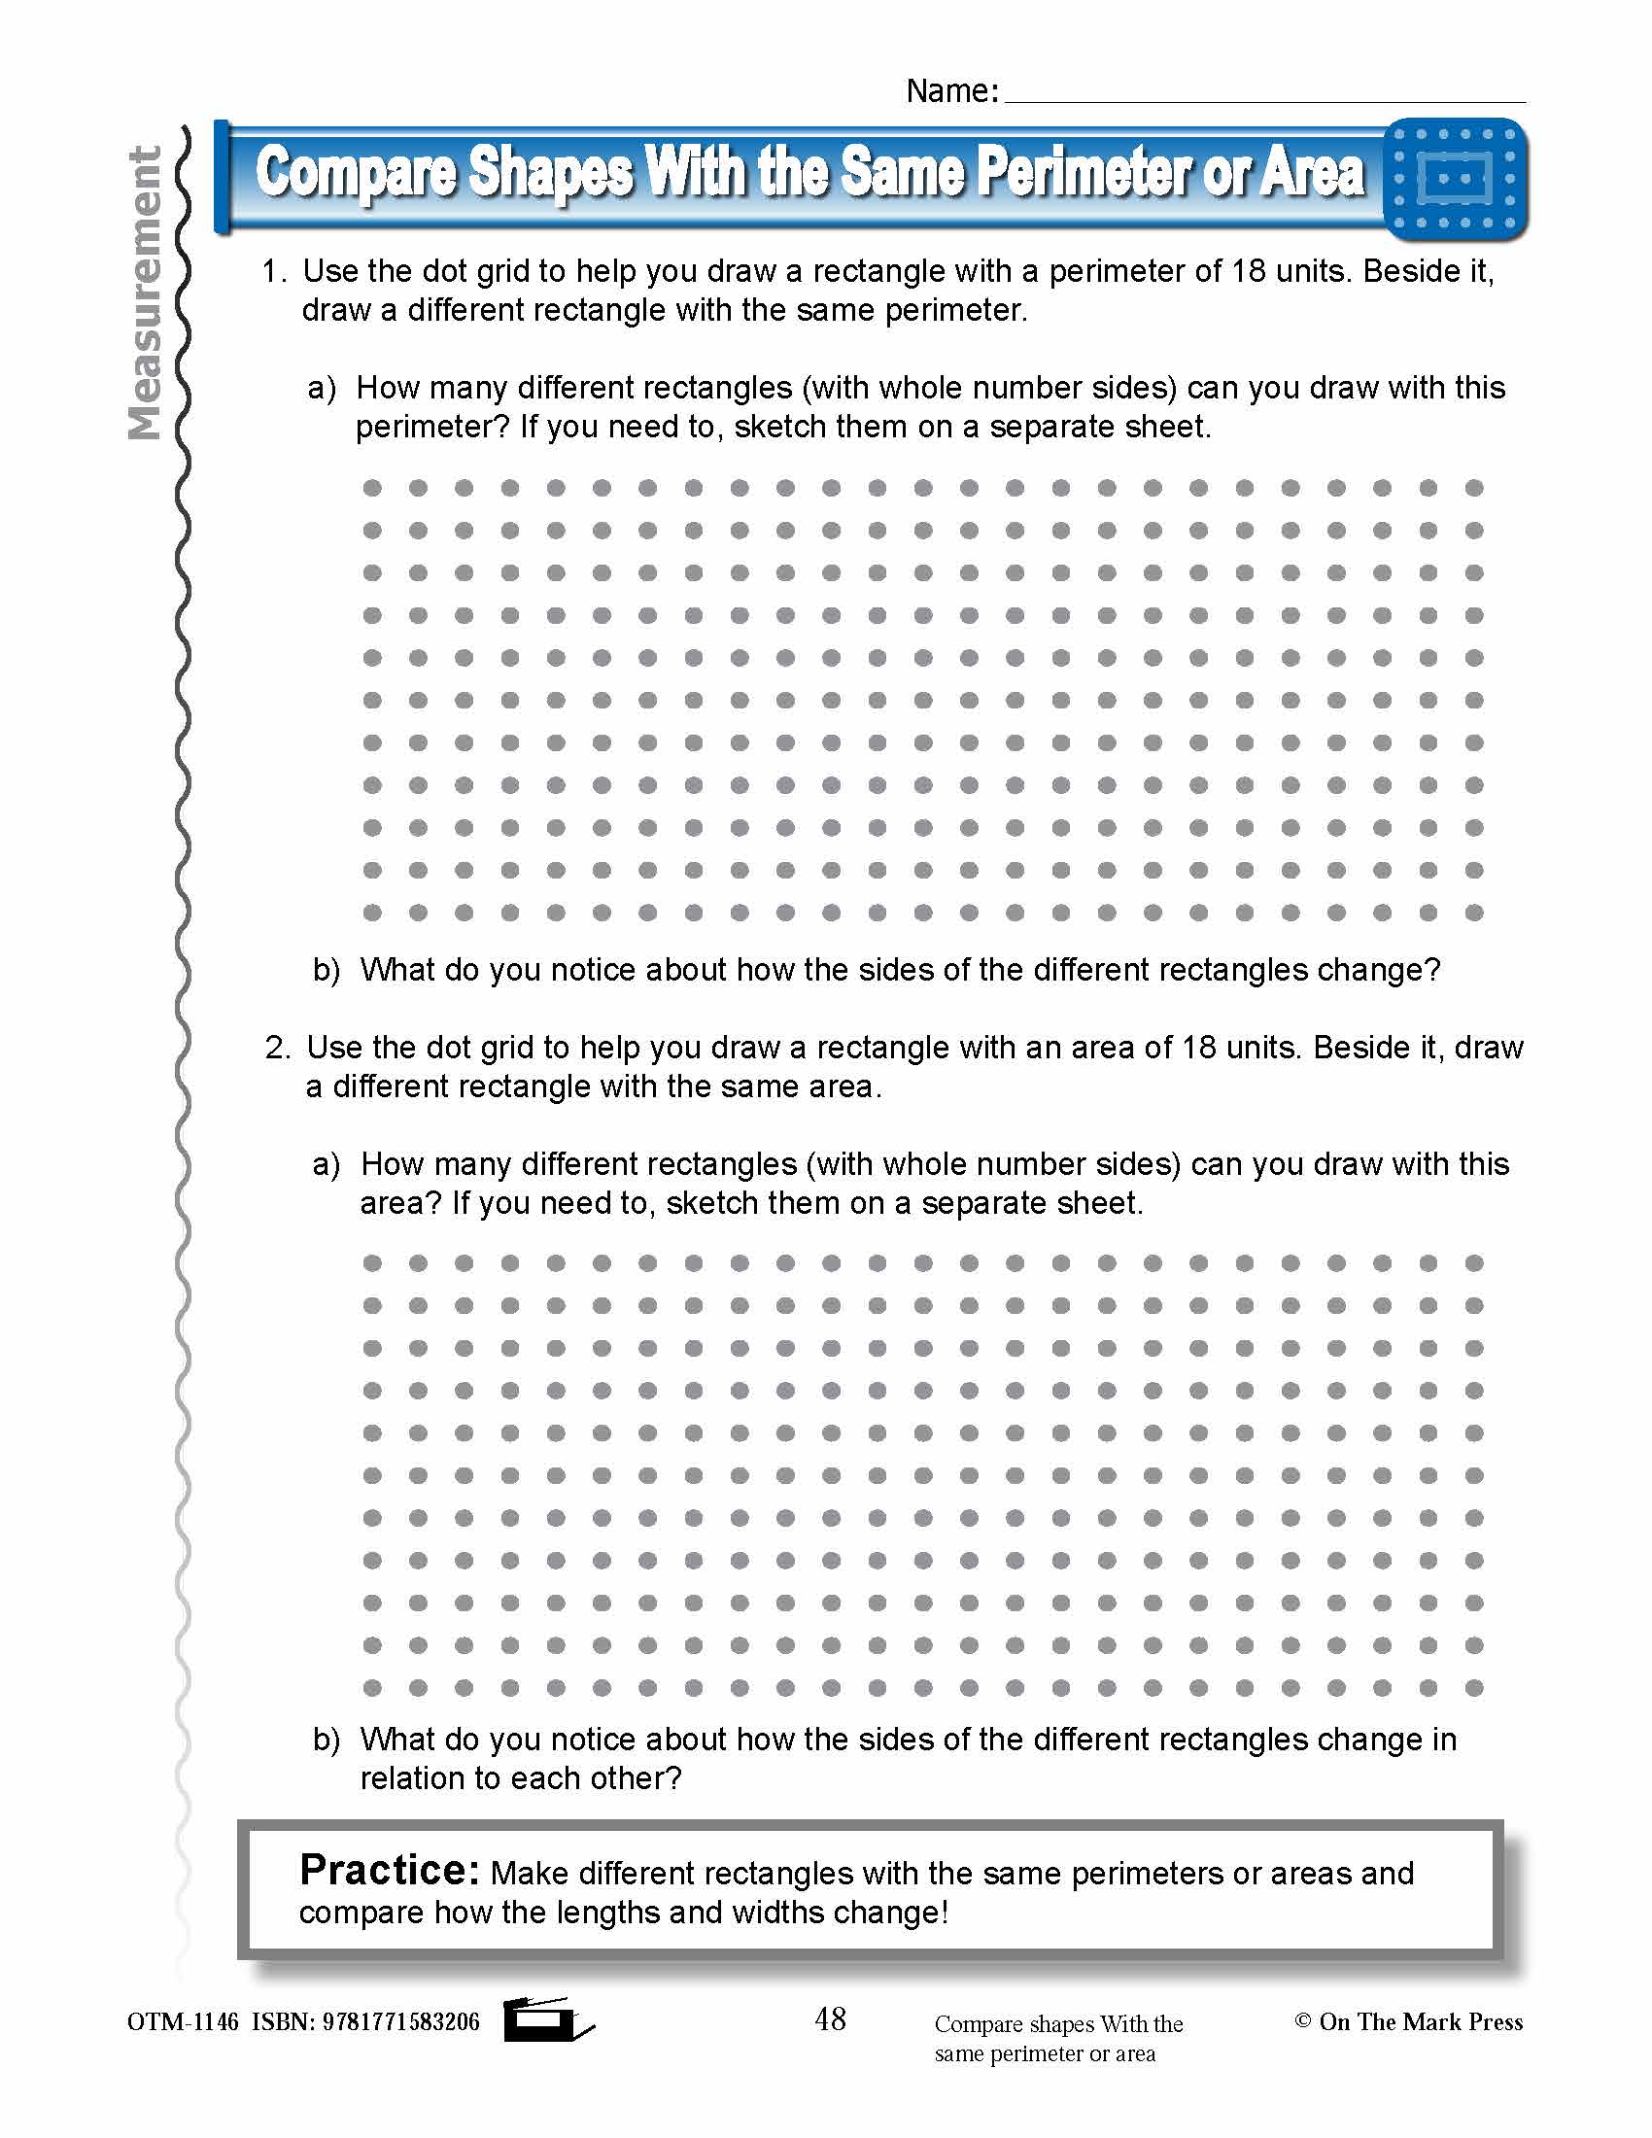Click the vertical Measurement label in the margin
(x=146, y=293)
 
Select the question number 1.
(x=273, y=271)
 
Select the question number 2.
(x=277, y=1048)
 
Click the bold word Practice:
(x=389, y=1870)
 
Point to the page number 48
(x=830, y=2018)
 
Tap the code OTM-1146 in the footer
(x=182, y=2021)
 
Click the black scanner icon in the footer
(x=546, y=2019)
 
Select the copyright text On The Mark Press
(x=1420, y=2021)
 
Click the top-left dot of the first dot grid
(x=372, y=488)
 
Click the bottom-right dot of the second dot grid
(x=1474, y=1688)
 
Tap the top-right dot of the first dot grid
(x=1474, y=488)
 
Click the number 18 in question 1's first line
(x=1248, y=271)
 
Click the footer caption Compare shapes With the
(x=1058, y=2023)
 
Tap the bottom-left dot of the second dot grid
(x=372, y=1688)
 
